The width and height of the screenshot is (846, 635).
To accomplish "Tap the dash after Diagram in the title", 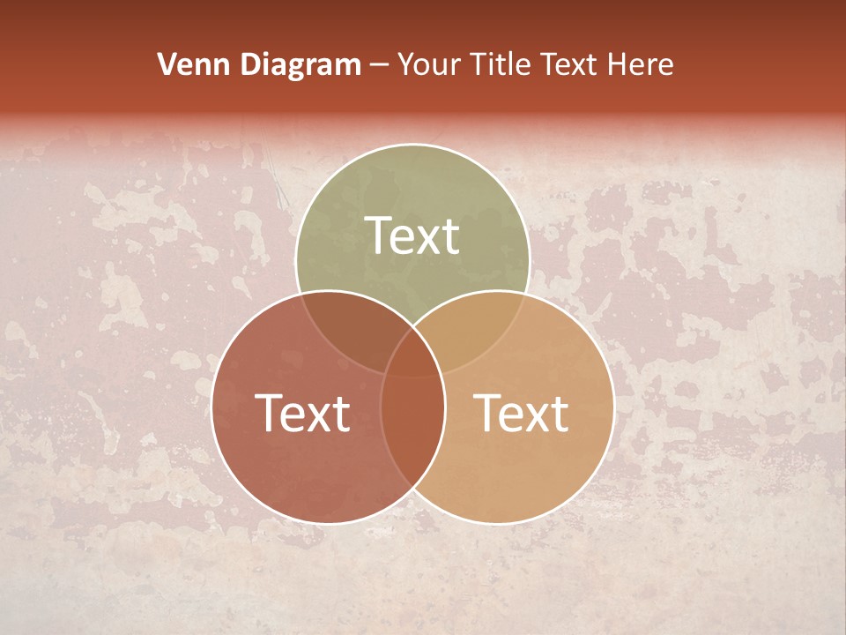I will pyautogui.click(x=380, y=65).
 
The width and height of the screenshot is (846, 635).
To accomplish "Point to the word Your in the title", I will pyautogui.click(x=428, y=64).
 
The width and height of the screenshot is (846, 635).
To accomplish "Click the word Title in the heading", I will pyautogui.click(x=500, y=64).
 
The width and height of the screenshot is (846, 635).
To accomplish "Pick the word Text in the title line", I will pyautogui.click(x=572, y=64).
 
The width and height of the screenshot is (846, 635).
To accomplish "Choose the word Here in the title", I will pyautogui.click(x=643, y=64).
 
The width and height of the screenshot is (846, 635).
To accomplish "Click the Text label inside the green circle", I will pyautogui.click(x=412, y=235).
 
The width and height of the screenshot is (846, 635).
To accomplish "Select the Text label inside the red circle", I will pyautogui.click(x=302, y=413).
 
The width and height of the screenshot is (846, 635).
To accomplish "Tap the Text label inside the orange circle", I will pyautogui.click(x=521, y=413).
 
